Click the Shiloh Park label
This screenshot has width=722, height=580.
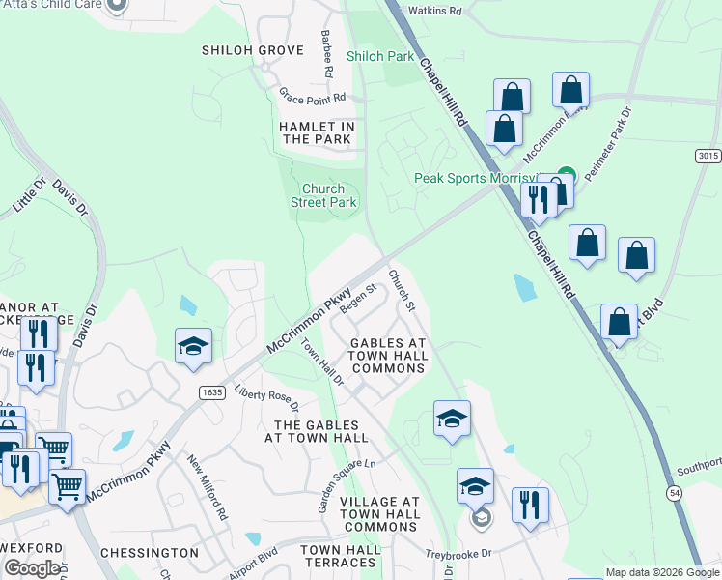[380, 56]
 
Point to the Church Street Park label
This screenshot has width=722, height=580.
[324, 196]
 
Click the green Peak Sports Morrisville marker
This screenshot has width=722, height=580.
[566, 175]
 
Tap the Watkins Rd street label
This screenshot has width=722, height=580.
[437, 12]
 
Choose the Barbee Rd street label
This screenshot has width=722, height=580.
[326, 53]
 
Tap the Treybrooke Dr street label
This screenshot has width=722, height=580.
[459, 554]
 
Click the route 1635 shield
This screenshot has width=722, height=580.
[213, 391]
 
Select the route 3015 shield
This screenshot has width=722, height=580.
[708, 156]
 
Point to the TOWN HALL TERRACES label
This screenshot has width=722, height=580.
[340, 556]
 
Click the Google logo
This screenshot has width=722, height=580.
[32, 569]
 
